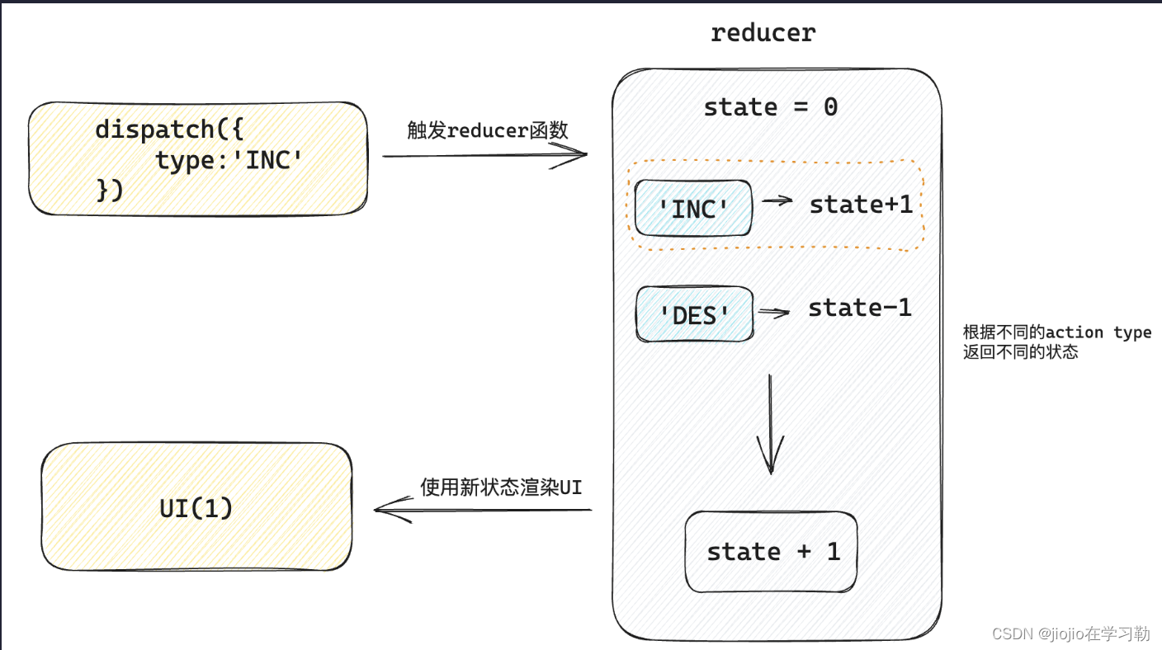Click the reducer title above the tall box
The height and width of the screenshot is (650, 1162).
point(763,32)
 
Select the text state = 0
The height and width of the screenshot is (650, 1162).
point(770,107)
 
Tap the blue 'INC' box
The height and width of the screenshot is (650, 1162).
point(694,209)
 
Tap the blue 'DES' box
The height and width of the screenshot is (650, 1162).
point(694,314)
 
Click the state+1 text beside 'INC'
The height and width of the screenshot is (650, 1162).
point(861,205)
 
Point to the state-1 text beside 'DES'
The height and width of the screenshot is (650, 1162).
point(859,308)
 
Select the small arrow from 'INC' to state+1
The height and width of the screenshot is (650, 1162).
point(776,200)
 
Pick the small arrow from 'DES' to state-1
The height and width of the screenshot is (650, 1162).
point(774,312)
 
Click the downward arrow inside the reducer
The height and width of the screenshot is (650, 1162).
point(770,425)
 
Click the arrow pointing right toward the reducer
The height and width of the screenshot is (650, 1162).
point(484,154)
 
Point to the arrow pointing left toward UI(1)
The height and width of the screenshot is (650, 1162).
point(483,510)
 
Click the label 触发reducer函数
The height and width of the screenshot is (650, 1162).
point(487,130)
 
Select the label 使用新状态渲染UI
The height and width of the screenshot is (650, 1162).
point(500,487)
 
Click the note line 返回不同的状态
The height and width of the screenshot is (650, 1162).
point(1020,352)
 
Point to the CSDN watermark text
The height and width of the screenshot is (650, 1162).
point(1070,634)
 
